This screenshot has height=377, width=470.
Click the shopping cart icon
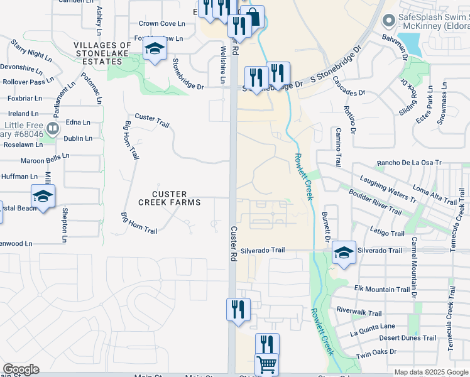(266, 364)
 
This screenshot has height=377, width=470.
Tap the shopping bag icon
(252, 16)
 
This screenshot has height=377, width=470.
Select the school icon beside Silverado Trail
(344, 252)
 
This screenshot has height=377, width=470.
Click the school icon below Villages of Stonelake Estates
(154, 49)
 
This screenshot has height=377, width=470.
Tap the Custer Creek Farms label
(170, 197)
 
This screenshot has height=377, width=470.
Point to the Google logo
(21, 369)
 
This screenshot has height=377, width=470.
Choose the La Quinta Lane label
(373, 326)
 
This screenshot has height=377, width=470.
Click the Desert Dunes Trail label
(408, 338)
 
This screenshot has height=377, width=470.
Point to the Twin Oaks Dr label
(376, 354)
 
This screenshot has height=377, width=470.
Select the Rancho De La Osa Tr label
(409, 163)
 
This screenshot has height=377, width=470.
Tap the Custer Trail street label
(153, 120)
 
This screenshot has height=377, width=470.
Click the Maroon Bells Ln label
(45, 159)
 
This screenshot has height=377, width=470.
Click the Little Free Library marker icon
(52, 129)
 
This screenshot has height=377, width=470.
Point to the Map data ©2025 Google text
(431, 372)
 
